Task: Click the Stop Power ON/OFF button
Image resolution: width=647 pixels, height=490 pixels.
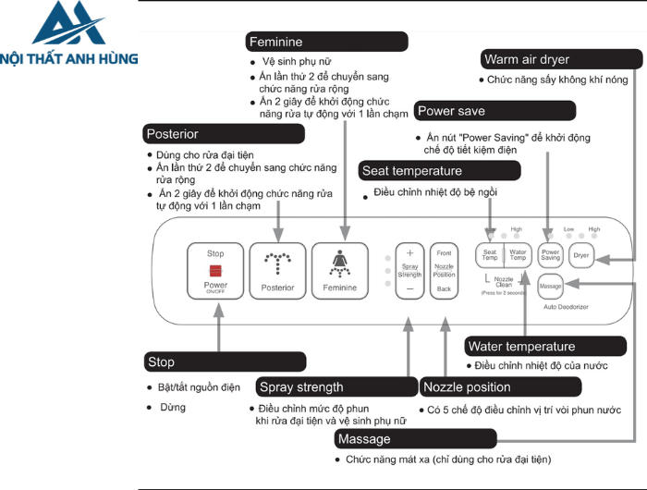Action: click(x=215, y=271)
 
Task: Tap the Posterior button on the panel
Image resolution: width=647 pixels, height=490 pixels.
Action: click(x=277, y=271)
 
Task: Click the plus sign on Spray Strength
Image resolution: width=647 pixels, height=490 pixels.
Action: click(x=409, y=252)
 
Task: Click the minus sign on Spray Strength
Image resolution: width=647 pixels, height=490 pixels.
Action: click(x=409, y=289)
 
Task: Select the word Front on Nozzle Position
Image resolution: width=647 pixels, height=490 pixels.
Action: click(x=445, y=253)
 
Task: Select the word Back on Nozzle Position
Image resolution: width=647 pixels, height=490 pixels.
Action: click(x=445, y=289)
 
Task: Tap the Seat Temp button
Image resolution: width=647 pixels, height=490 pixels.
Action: click(x=490, y=255)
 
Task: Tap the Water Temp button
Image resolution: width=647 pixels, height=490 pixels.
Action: click(x=518, y=255)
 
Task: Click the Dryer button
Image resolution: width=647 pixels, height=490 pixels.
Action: click(x=581, y=255)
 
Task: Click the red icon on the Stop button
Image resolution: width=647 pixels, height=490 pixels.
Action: click(x=215, y=270)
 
